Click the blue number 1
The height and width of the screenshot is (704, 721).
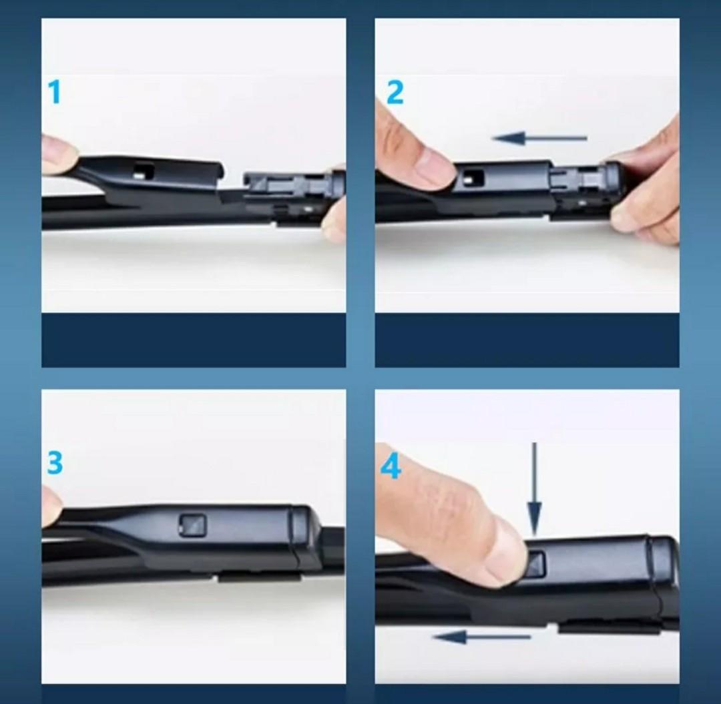tap(55, 92)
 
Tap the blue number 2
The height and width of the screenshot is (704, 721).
tap(395, 93)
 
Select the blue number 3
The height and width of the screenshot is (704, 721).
tap(55, 462)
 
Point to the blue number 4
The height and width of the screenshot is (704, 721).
tap(391, 467)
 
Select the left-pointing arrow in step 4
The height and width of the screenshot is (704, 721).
tap(481, 637)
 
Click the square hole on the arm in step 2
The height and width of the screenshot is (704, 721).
tap(474, 177)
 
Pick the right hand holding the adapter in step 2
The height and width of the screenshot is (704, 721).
tap(644, 194)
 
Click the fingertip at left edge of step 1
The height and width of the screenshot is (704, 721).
tap(59, 155)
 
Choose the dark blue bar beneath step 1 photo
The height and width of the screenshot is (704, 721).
tap(194, 340)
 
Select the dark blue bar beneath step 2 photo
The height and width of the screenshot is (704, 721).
tap(527, 340)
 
